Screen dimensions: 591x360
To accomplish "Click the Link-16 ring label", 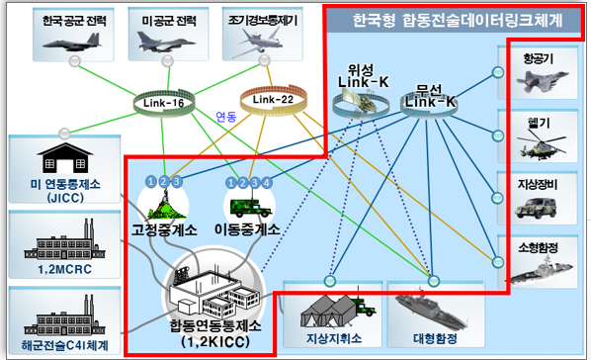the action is [x=164, y=103].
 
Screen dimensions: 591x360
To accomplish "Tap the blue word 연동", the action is [x=225, y=117].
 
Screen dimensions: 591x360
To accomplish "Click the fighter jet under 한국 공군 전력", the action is [x=72, y=43].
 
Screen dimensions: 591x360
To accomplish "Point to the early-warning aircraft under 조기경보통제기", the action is [x=260, y=43].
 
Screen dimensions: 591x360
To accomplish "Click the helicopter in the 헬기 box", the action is [x=541, y=146].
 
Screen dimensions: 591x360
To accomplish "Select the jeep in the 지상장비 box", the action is [x=536, y=207].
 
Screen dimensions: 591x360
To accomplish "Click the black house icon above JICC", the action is [x=65, y=157].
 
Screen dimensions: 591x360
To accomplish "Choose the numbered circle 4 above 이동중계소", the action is [x=267, y=183].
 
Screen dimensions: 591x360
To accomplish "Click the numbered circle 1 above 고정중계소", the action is [x=151, y=182].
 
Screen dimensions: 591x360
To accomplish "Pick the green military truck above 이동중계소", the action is [x=250, y=207].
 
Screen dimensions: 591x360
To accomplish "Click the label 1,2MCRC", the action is [x=65, y=269].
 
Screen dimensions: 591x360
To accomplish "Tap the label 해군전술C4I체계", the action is [x=65, y=345].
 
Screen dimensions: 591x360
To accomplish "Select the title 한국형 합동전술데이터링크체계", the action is [x=458, y=21].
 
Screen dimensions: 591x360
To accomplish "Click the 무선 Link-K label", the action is [x=430, y=96].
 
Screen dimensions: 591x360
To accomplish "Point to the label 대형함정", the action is [x=435, y=338].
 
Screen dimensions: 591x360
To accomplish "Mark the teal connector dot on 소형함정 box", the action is [x=497, y=262].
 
